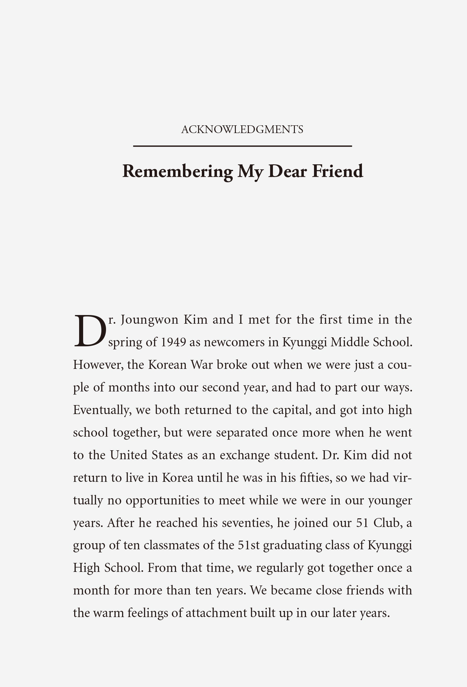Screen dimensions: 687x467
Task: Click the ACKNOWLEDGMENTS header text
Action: [242, 129]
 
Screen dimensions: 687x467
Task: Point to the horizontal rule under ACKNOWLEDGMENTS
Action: [242, 146]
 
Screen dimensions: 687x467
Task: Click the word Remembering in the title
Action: [178, 171]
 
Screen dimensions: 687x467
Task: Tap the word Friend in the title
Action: [338, 171]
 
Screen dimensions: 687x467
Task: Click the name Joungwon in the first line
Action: [150, 320]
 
